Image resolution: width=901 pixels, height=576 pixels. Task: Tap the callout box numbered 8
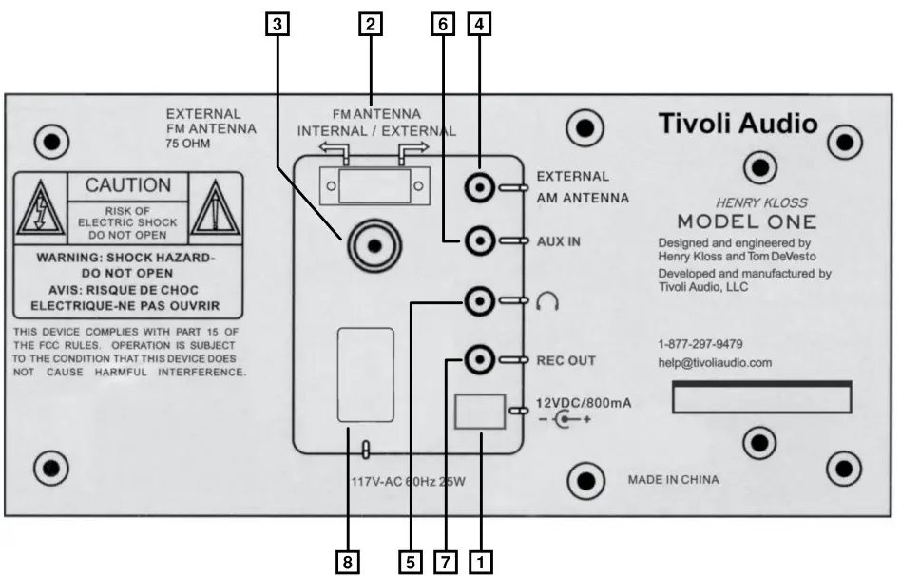click(x=350, y=561)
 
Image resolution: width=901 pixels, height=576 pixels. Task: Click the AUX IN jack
click(x=480, y=242)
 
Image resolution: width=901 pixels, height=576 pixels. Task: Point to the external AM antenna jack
click(x=480, y=188)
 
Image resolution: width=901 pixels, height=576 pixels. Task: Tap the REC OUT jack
click(x=480, y=359)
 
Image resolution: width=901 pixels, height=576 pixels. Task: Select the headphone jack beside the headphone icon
click(x=480, y=302)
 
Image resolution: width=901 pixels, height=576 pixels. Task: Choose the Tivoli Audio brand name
click(x=738, y=124)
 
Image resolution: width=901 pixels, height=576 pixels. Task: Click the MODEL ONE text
click(x=747, y=221)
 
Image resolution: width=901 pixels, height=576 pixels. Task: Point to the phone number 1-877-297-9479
click(x=700, y=344)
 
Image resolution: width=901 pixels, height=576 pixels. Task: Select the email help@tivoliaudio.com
click(x=715, y=362)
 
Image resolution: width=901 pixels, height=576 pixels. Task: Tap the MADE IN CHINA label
click(x=674, y=480)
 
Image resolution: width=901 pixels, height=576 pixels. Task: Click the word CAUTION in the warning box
click(x=128, y=185)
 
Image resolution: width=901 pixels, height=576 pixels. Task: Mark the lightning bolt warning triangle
click(x=41, y=210)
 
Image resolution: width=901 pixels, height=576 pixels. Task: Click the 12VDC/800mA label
click(x=584, y=403)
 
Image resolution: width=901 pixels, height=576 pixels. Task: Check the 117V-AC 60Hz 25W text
click(x=406, y=481)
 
